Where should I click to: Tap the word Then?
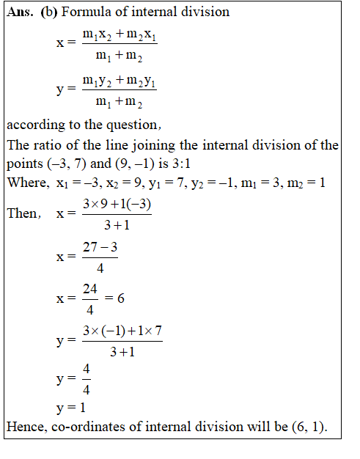click(x=23, y=214)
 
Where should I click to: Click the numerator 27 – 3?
click(x=100, y=248)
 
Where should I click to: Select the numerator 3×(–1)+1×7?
click(x=122, y=331)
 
